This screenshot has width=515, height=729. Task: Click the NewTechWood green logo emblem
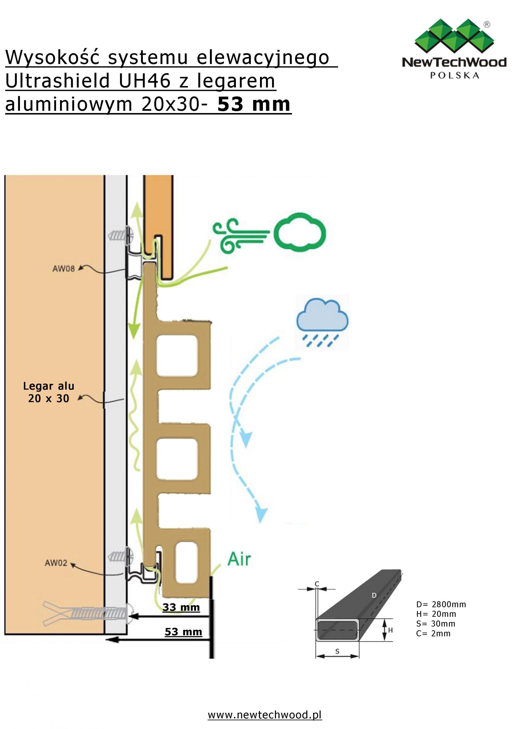tap(454, 36)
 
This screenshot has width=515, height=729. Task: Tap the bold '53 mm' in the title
tap(254, 104)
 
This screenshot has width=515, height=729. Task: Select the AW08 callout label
tap(63, 269)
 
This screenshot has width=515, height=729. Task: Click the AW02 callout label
tap(56, 563)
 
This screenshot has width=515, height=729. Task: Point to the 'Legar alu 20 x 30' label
tap(49, 392)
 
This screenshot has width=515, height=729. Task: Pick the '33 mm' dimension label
tap(181, 607)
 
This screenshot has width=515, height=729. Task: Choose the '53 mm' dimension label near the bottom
tap(184, 632)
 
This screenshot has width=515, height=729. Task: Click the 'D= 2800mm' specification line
tap(441, 604)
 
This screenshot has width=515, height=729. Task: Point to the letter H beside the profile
tap(390, 630)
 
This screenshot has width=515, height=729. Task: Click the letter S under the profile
tap(337, 651)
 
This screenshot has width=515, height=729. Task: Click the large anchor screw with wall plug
tap(89, 614)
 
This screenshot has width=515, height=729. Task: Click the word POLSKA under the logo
tap(454, 75)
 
